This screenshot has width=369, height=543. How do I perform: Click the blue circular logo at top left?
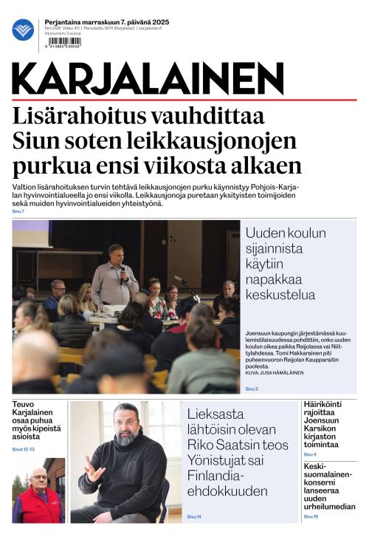click(x=23, y=30)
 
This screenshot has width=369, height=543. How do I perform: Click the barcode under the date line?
click(x=63, y=43)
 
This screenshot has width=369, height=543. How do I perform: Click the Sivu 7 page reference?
click(x=18, y=212)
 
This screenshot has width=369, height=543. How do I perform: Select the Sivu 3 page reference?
click(x=252, y=388)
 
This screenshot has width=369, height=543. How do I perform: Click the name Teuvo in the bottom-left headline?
click(x=27, y=406)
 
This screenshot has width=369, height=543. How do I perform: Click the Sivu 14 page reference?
click(x=194, y=516)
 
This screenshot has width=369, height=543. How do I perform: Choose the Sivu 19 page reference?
click(x=310, y=516)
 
